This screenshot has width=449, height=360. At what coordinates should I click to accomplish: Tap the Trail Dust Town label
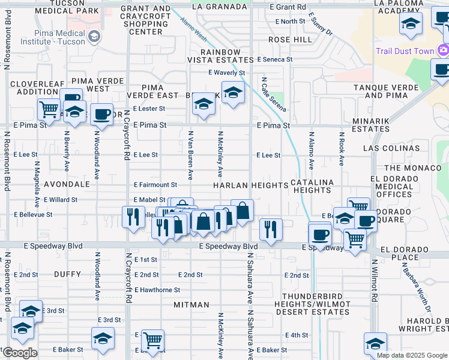405,51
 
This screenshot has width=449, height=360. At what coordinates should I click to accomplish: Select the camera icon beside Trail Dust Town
444,50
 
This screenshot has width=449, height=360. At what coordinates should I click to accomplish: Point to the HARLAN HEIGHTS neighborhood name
250,185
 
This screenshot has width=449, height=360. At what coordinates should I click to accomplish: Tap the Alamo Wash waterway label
193,29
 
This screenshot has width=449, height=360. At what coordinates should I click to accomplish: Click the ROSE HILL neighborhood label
290,39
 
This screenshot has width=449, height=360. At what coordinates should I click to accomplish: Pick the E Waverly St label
226,73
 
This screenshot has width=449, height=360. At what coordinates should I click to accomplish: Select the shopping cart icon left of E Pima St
49,110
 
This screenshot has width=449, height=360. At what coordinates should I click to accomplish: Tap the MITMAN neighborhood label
191,305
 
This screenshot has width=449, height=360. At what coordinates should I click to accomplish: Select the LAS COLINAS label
391,148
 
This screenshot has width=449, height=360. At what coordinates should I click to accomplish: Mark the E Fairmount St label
155,185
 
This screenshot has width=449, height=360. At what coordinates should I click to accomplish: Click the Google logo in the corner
19,353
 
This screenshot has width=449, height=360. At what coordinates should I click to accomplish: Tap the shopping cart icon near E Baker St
153,340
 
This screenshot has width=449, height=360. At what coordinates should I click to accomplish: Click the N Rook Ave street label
341,149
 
